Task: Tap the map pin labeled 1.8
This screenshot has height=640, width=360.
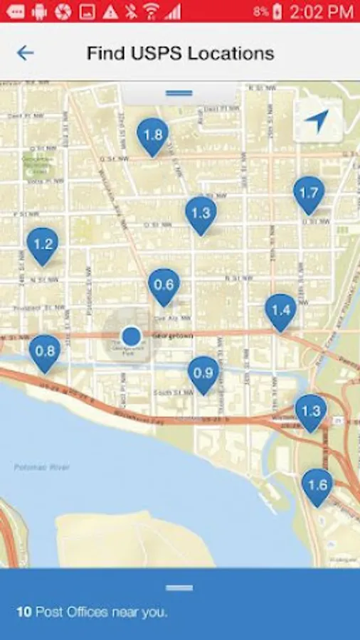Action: click(152, 135)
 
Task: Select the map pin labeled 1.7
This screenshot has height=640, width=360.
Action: click(309, 193)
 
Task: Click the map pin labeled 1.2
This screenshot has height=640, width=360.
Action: click(43, 245)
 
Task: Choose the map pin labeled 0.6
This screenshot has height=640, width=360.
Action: click(164, 285)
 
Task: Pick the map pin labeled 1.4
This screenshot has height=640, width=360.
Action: click(280, 310)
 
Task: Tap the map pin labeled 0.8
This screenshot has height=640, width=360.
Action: click(45, 351)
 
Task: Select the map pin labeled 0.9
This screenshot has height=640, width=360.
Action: click(203, 373)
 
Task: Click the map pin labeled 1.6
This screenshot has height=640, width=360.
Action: click(317, 485)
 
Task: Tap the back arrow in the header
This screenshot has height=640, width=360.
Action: click(25, 53)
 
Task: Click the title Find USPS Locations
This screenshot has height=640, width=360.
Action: click(180, 53)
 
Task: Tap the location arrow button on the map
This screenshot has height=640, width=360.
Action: click(317, 121)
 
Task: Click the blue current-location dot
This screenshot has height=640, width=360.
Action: click(131, 336)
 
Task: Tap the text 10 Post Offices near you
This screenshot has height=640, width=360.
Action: click(92, 612)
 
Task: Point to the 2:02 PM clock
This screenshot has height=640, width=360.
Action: click(322, 11)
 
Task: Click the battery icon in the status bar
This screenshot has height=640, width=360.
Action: click(277, 11)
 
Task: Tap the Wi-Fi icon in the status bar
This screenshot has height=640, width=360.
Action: click(151, 11)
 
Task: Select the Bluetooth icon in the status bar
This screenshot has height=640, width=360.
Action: click(130, 11)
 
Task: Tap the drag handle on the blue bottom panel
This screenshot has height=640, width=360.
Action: click(179, 587)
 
